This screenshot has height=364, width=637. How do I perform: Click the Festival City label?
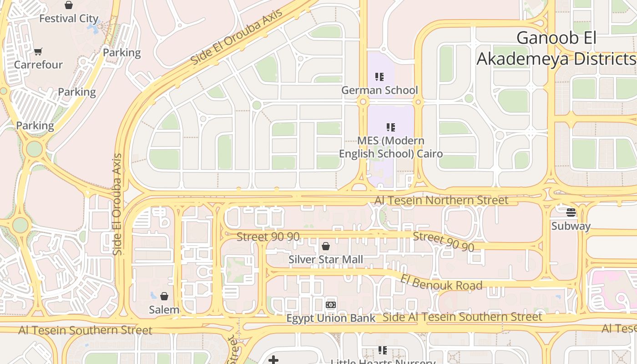pos(69,19)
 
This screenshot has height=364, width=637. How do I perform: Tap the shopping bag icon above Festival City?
pos(69,5)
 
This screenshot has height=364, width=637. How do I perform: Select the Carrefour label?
pos(38,65)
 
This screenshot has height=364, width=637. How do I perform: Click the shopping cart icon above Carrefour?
pos(38,51)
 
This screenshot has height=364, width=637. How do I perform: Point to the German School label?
pos(379,90)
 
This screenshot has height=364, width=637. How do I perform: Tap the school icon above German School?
pos(379,77)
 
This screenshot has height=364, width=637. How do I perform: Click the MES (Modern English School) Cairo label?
pos(391,147)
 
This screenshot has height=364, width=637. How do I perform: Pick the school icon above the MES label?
pos(391,127)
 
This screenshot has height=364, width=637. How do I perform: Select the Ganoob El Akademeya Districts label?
pos(556,48)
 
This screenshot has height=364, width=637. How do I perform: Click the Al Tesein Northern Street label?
pos(441,200)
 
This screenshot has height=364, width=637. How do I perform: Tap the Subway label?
pos(571,226)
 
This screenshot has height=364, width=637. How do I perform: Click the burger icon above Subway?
pos(571,212)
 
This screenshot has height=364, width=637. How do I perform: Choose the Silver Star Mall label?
pos(326,259)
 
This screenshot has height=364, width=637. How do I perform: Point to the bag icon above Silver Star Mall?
pos(326,247)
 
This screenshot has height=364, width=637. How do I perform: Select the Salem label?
pos(164,310)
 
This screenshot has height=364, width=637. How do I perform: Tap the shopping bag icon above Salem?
pos(164,297)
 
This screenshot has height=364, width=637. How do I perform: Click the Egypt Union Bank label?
pos(331,318)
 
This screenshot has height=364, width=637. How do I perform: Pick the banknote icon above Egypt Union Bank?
pos(331,305)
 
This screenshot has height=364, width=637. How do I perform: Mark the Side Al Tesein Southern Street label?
pos(463,317)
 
